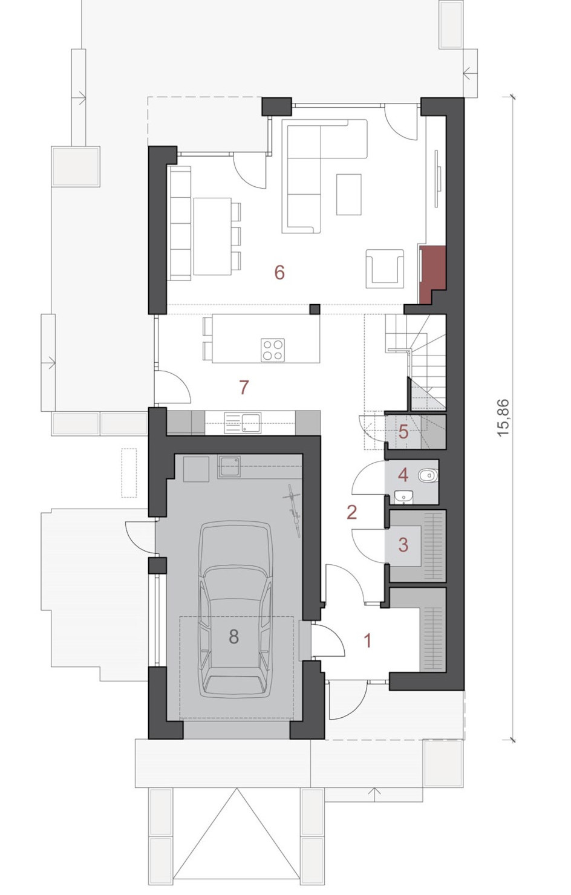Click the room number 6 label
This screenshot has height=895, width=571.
(x=279, y=273)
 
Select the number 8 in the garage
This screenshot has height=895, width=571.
(x=233, y=636)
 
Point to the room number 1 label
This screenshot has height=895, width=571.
(x=368, y=640)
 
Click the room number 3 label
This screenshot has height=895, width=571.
(x=403, y=545)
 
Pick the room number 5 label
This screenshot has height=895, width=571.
(x=403, y=432)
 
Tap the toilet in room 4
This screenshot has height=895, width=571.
(x=428, y=475)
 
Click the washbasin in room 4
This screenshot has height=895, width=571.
(x=403, y=498)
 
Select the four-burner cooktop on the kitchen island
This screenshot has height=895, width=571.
(x=273, y=350)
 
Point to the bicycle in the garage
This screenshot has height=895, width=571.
(x=293, y=510)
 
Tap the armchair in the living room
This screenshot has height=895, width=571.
(x=384, y=268)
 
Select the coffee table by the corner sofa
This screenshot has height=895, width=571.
(x=348, y=194)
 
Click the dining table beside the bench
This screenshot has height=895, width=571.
(x=212, y=236)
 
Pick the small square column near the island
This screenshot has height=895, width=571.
(x=315, y=309)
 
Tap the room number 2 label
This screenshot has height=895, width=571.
(x=351, y=512)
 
